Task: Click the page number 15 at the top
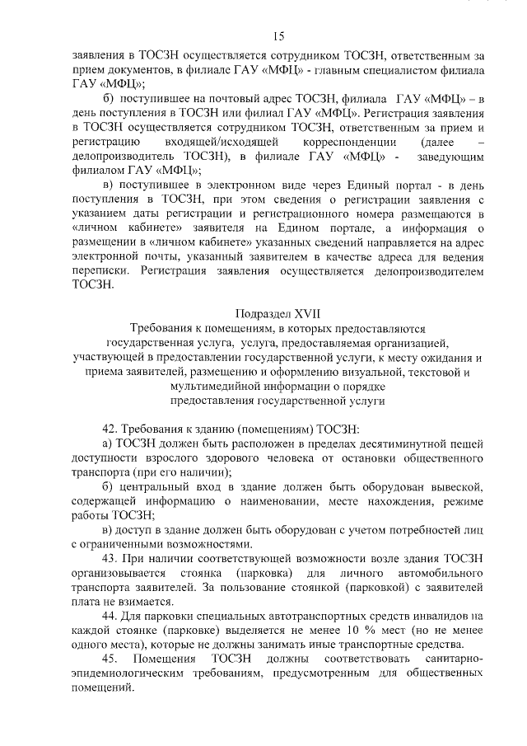point(278,35)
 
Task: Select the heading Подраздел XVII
point(277,314)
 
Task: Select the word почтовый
point(215,99)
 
